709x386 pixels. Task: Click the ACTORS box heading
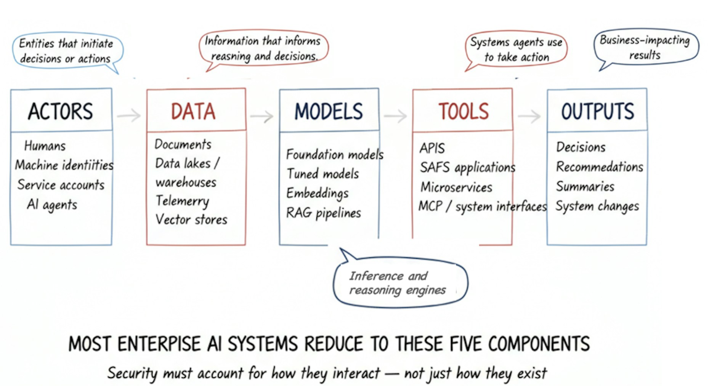coord(61,111)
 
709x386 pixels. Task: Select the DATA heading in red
coord(193,111)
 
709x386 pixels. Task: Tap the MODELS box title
coord(329,111)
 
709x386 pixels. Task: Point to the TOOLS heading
coord(463,111)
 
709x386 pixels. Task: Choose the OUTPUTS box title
coord(597,111)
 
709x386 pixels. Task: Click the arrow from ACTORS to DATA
coord(129,115)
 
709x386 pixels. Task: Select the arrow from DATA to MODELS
coord(262,116)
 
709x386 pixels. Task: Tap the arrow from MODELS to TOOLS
coord(396,116)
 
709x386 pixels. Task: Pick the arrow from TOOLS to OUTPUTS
coord(529,116)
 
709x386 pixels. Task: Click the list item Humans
coord(45,146)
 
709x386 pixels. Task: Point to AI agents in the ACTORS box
coord(52,205)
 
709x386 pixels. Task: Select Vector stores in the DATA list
coord(191,219)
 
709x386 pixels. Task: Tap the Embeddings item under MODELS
coord(318,193)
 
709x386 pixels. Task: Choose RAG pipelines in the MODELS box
coord(324,213)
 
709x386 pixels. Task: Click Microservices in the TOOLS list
coord(456,187)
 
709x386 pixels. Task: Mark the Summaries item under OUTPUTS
coord(585,186)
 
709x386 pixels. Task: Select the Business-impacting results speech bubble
coord(645,47)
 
